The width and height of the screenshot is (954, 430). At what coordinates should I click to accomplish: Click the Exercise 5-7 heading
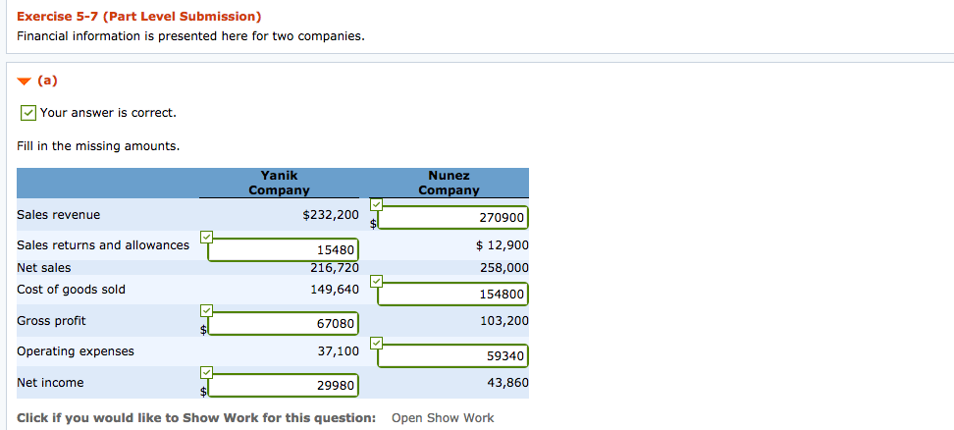click(138, 17)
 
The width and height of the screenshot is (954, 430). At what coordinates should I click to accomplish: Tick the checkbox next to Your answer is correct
click(29, 113)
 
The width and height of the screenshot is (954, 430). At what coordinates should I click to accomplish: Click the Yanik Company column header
click(279, 183)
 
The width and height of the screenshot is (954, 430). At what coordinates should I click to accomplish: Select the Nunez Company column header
click(449, 183)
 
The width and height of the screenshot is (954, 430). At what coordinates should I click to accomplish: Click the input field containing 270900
click(452, 217)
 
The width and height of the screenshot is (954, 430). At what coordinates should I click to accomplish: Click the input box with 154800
click(452, 294)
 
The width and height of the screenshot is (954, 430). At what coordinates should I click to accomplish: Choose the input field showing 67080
click(283, 324)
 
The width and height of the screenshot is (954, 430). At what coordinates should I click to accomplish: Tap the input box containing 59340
click(452, 355)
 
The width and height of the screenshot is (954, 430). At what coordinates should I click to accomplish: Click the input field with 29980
click(283, 386)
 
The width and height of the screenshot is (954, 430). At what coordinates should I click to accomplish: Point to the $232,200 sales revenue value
click(331, 214)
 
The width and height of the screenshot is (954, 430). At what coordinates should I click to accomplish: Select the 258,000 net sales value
click(504, 267)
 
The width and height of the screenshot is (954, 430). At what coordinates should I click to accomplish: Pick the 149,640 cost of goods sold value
click(335, 290)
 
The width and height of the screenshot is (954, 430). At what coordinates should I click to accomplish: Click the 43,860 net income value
click(506, 382)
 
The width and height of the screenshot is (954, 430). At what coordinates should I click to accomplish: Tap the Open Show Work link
click(443, 418)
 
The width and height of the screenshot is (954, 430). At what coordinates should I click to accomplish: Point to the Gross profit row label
click(51, 321)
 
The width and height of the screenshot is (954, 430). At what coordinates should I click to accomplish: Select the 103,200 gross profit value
click(504, 320)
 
